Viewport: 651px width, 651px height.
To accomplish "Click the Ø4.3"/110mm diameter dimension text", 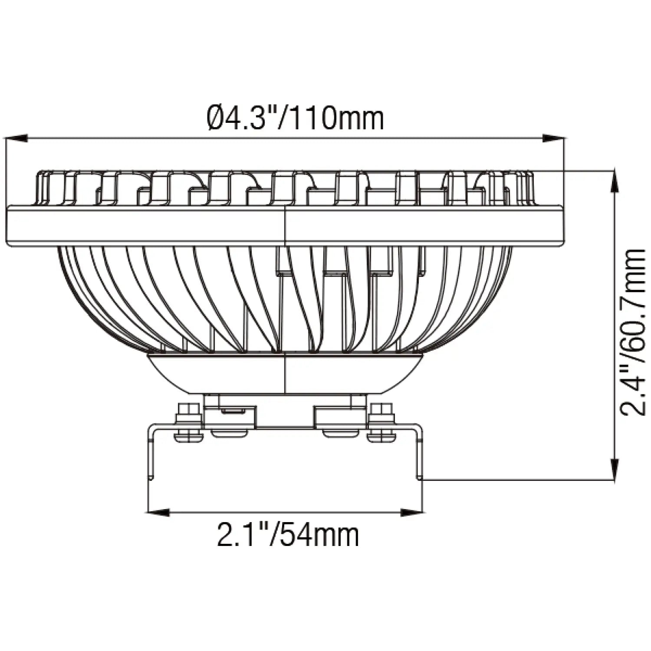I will click(x=296, y=118).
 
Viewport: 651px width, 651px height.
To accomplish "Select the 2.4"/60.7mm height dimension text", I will click(x=633, y=332).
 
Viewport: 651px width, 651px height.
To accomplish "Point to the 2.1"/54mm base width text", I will click(x=288, y=535).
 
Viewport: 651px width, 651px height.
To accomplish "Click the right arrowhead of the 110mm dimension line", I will click(x=555, y=138).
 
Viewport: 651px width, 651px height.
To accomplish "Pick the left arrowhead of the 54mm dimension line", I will click(x=158, y=513).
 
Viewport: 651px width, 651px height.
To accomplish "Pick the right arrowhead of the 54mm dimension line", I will click(x=411, y=513).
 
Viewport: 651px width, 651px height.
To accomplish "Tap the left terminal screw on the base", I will click(x=189, y=423).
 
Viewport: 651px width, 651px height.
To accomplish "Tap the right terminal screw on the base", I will click(x=381, y=423).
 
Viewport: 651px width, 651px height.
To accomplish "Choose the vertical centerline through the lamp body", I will click(x=284, y=304).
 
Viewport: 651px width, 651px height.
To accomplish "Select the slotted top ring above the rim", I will click(x=174, y=189).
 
